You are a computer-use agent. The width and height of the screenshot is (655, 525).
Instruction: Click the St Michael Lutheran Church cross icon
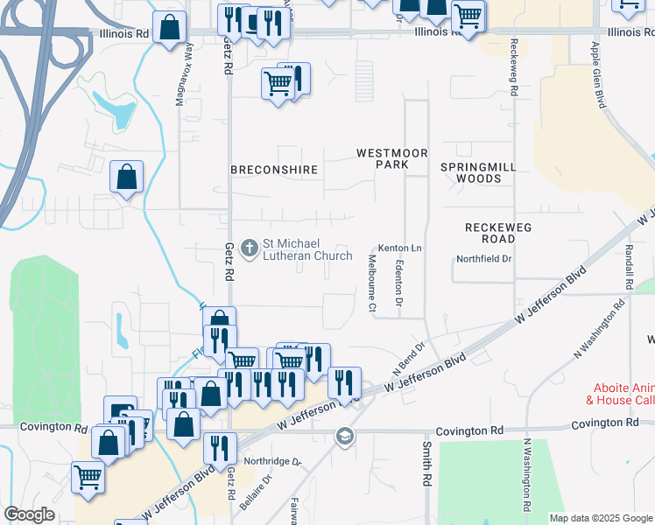point(250,249)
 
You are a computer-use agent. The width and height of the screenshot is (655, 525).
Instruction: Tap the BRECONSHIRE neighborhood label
point(272,168)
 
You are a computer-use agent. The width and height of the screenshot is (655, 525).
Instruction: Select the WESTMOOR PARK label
point(392,158)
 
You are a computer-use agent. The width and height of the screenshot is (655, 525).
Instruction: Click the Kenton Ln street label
point(399,248)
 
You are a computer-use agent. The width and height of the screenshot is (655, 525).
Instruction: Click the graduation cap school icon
point(345,436)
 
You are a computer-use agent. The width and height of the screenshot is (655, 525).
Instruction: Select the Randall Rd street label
point(629,267)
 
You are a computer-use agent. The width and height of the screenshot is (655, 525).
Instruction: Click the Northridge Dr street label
point(272,461)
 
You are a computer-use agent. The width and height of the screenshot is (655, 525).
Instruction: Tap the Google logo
point(30,514)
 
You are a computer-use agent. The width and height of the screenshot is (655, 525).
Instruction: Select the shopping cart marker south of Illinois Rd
point(278,85)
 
